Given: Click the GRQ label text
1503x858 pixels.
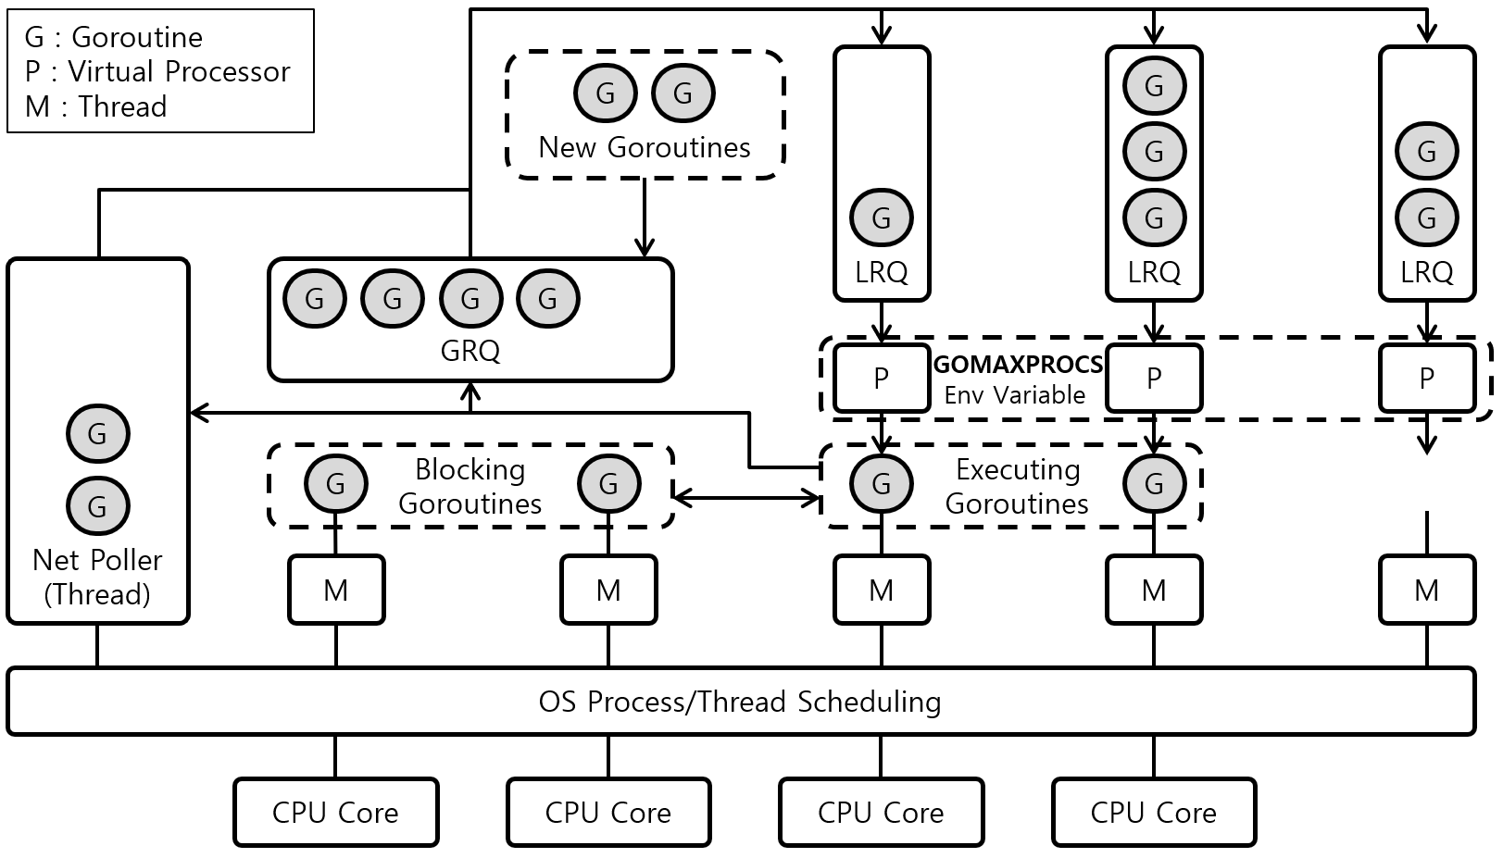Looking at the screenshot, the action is click(470, 351).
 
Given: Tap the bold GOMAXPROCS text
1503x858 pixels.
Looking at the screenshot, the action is click(1018, 365).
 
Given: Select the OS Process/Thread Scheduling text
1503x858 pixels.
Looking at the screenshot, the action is click(739, 702).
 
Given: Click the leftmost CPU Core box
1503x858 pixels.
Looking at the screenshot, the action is click(335, 813).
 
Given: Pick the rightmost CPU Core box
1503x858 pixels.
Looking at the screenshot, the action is click(1154, 813).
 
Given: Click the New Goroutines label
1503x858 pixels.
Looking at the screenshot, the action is click(645, 147).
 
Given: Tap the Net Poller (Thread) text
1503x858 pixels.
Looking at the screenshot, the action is click(97, 577).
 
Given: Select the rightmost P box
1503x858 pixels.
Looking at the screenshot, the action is click(1426, 379).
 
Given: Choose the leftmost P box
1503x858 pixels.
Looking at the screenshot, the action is click(881, 379).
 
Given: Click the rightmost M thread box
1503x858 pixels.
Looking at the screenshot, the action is click(1426, 590).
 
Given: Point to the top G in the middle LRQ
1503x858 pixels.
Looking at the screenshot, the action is click(1154, 86).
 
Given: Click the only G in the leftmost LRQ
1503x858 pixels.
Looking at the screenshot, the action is click(881, 218).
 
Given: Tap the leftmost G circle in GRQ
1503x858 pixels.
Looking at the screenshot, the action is click(315, 299).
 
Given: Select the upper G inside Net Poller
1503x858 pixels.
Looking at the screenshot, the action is click(98, 434).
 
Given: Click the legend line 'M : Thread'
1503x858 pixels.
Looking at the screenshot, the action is click(95, 106).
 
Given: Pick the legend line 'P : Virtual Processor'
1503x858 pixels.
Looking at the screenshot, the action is click(157, 72).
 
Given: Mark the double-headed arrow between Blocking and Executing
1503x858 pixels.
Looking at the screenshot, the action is click(746, 498).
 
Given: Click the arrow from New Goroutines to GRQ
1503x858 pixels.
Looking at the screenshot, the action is click(645, 218).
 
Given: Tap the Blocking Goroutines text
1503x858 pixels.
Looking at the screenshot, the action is click(470, 486).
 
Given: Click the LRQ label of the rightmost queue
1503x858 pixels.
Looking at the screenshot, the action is click(1426, 272).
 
